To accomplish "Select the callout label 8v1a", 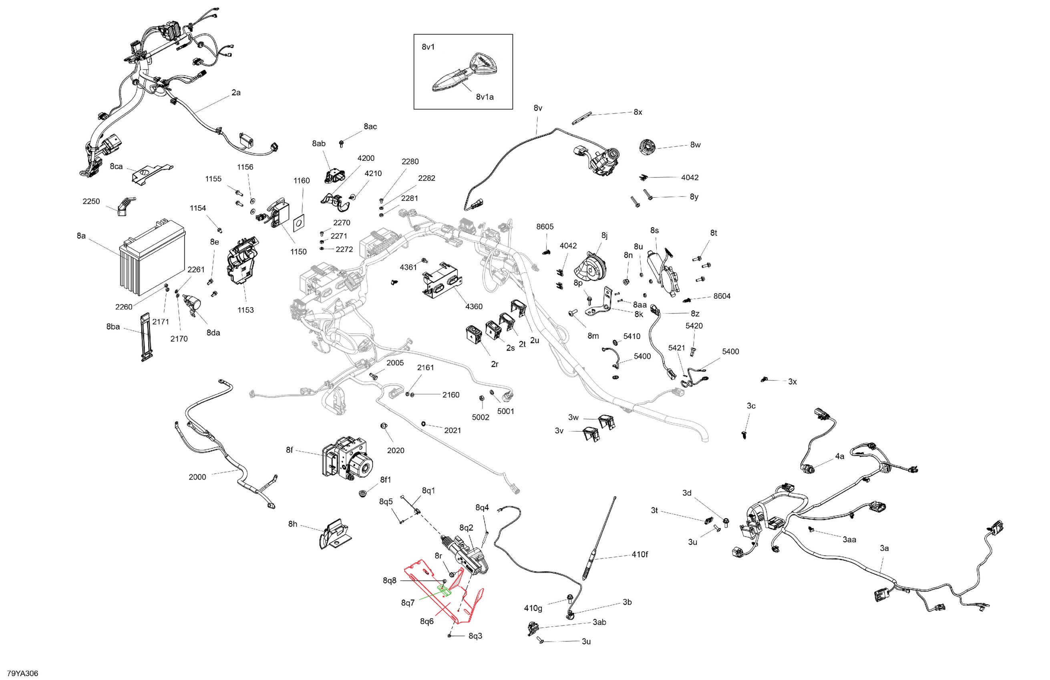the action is tap(485, 97).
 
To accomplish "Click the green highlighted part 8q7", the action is tap(444, 590).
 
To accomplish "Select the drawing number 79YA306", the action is tap(23, 673).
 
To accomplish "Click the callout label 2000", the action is tap(197, 477).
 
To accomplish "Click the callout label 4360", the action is tap(474, 306).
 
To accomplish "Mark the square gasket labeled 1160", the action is tap(299, 224).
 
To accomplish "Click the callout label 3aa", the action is tap(849, 540).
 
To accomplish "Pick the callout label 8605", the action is tap(545, 226).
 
